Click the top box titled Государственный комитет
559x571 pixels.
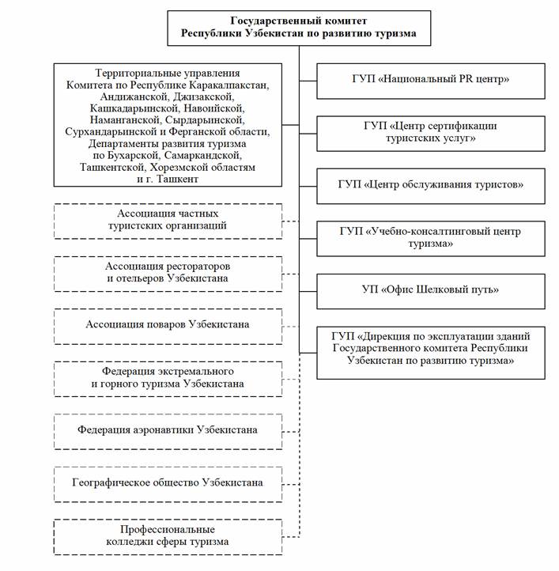tap(298, 28)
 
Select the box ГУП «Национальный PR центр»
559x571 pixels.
tap(431, 79)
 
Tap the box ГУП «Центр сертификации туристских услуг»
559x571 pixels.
tap(431, 132)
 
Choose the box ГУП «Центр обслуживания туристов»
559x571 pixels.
tap(431, 185)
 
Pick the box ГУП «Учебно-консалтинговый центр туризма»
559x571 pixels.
tap(431, 237)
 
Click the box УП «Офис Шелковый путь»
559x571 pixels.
tap(431, 289)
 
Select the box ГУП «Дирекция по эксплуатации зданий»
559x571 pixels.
tap(431, 349)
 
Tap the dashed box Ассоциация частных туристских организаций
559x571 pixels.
tap(167, 220)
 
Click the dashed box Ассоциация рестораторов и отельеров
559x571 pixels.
tap(167, 272)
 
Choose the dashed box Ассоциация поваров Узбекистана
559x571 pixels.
tap(167, 324)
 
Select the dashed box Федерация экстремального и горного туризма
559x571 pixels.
tap(167, 377)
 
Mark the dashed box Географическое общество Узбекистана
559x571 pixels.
tap(167, 482)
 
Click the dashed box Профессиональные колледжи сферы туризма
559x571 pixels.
tap(167, 535)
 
